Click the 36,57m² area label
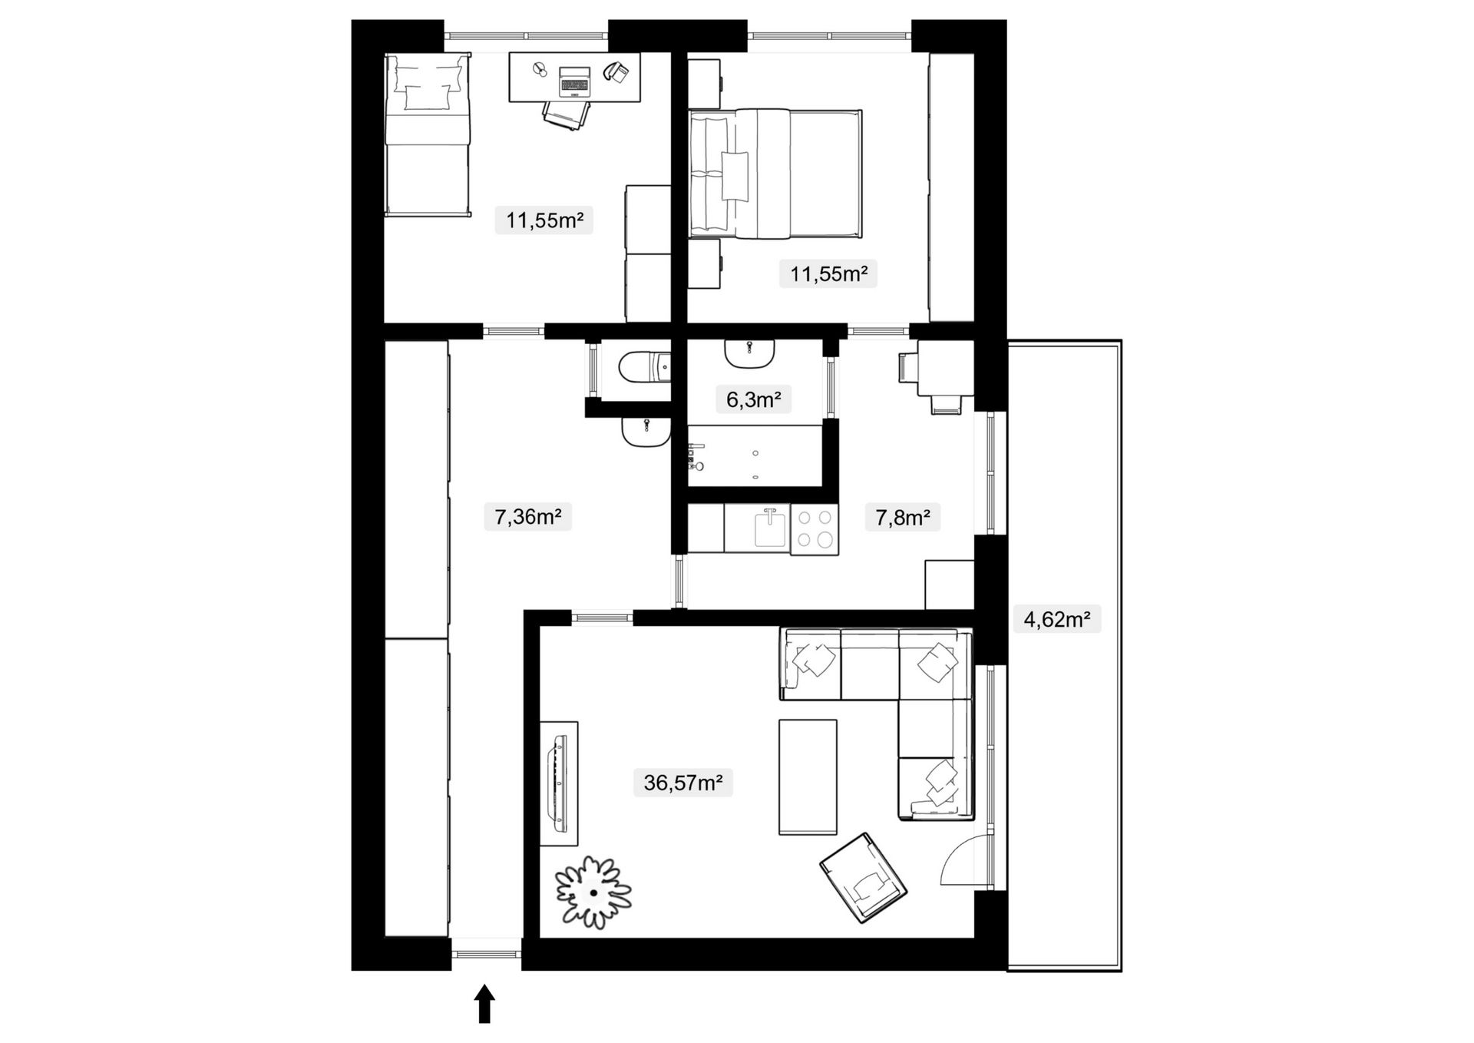pos(682,783)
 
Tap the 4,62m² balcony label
pos(1057,619)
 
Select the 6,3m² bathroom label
pos(753,399)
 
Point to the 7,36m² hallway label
pos(527,517)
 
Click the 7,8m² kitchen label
pos(902,517)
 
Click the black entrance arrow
pos(484,1005)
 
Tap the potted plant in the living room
pos(593,892)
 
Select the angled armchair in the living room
pos(864,877)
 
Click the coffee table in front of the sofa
pos(808,776)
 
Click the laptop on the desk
pos(575,80)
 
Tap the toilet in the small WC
pos(644,366)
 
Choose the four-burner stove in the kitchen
pos(815,529)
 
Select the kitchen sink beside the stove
pos(771,528)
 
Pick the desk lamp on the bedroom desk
pos(540,70)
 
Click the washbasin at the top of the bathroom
pos(749,353)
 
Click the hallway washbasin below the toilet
pos(646,433)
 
